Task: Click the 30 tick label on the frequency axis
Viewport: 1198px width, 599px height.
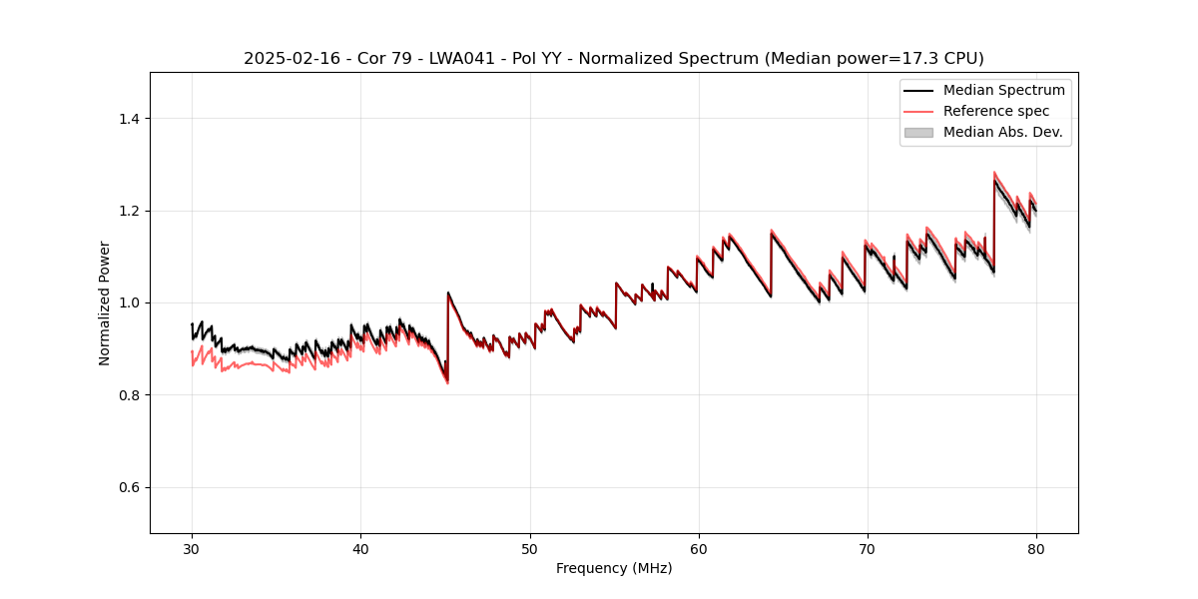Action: tap(192, 548)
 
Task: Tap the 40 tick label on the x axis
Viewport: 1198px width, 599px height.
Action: tap(360, 548)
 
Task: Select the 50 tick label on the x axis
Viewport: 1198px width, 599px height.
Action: tap(529, 548)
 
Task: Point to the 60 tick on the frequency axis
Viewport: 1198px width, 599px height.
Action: tap(699, 548)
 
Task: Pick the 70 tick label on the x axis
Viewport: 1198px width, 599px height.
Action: tap(868, 548)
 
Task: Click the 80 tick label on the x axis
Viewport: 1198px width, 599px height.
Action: tap(1036, 548)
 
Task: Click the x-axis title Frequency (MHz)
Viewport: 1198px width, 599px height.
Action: tap(614, 568)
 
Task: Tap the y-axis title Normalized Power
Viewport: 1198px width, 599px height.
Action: tap(105, 302)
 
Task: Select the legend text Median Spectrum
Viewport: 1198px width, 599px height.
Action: tap(1003, 90)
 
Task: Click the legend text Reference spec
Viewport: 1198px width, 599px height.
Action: tap(996, 111)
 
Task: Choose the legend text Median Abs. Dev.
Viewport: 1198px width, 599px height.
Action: tap(1002, 132)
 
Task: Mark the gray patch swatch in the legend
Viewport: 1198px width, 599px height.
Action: tap(918, 132)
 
